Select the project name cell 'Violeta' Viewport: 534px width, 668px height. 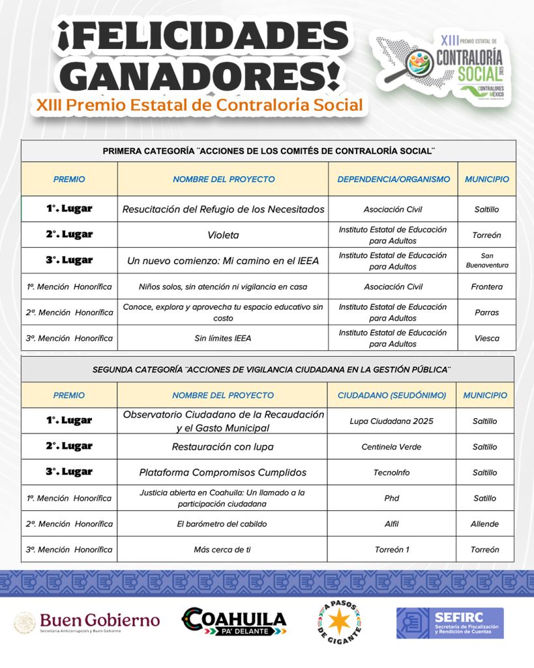tap(223, 235)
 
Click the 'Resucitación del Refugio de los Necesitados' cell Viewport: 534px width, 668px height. tap(223, 209)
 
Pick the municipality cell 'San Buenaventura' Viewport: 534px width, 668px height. tap(486, 260)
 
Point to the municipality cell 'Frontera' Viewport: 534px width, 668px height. tap(486, 286)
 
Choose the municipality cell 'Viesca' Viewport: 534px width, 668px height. tap(486, 338)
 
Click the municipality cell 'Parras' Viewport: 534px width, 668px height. tap(486, 312)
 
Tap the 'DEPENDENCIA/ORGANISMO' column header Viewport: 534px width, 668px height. tap(393, 179)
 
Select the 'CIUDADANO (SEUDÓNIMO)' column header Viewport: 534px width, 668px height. tap(392, 395)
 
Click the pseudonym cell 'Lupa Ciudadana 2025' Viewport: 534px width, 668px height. tap(391, 421)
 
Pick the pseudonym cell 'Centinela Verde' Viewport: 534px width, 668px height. tap(391, 447)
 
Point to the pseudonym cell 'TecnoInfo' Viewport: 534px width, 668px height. tap(391, 472)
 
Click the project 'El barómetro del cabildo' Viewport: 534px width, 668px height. tap(222, 524)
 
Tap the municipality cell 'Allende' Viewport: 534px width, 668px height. tap(484, 524)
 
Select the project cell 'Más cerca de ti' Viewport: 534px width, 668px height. tap(222, 549)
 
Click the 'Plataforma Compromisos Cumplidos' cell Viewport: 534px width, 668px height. tap(222, 472)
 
